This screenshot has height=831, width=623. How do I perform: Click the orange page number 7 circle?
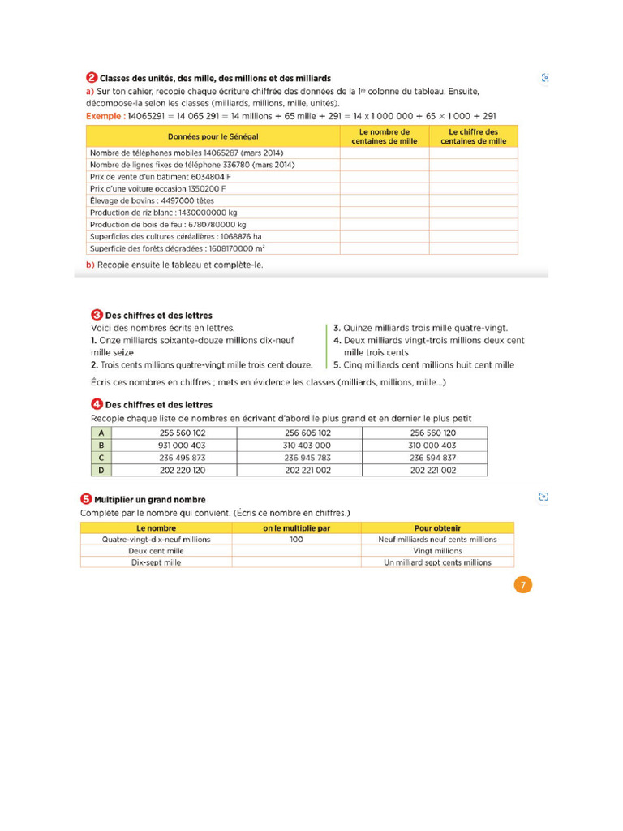point(523,585)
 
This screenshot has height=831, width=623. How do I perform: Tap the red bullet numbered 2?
point(91,78)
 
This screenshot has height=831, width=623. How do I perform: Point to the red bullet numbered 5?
point(85,499)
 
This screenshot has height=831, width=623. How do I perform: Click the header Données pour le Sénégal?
point(213,136)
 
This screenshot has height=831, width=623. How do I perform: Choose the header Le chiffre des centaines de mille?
point(473,136)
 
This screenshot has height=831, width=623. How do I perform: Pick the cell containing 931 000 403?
point(175,446)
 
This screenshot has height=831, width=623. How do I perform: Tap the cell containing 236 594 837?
point(425,458)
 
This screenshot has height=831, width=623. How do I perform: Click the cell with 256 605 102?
point(300,433)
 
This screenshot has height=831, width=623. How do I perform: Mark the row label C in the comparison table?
point(101,458)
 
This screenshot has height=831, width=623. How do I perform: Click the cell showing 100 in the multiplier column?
point(296,539)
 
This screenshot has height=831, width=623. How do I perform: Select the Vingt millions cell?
point(437,550)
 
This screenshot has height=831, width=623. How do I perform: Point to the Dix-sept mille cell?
point(156,562)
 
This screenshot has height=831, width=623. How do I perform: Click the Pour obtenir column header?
point(437,527)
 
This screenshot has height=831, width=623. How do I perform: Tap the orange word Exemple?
point(104,116)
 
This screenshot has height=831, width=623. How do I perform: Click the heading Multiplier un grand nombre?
point(149,500)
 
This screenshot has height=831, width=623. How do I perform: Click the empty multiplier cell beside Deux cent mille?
point(296,550)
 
